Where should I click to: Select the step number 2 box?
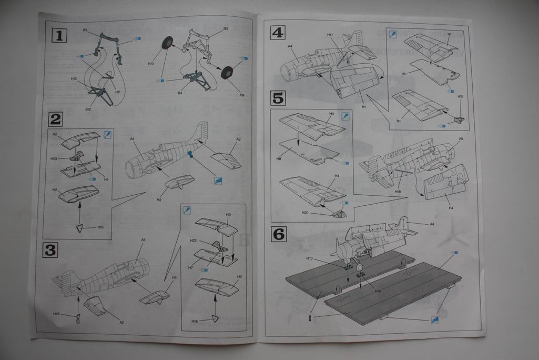pyautogui.click(x=56, y=119)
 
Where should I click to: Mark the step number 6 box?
pyautogui.click(x=278, y=234)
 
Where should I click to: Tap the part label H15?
pyautogui.click(x=100, y=227)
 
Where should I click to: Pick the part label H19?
pyautogui.click(x=56, y=314)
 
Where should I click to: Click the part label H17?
pyautogui.click(x=330, y=35)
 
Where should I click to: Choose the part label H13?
pyautogui.click(x=310, y=258)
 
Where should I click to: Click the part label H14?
pyautogui.click(x=378, y=291)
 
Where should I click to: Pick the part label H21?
pyautogui.click(x=460, y=97)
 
